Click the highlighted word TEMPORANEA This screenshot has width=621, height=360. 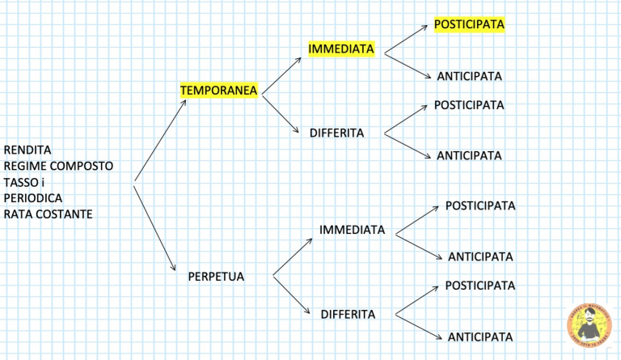pos(218,91)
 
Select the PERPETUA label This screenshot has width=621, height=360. pos(216,277)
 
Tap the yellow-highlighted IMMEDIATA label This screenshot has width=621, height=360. pos(341,49)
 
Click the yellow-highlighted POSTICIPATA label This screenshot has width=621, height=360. pos(469,24)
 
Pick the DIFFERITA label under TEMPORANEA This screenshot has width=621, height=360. pos(336,133)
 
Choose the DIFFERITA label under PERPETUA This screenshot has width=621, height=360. pos(348,315)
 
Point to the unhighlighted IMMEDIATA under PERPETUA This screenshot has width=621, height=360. pos(352,230)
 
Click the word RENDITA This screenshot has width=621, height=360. pos(27,150)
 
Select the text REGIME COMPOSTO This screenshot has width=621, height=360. pos(58,166)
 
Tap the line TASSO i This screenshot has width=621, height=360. pos(23,183)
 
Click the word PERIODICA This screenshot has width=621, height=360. pos(33,198)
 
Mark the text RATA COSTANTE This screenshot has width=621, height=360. pos(48,214)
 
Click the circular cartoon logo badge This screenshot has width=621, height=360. pos(589,325)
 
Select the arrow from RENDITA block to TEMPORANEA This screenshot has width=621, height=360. pos(160,141)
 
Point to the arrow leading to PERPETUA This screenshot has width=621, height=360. pos(154,227)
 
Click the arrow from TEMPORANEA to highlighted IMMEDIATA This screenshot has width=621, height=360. pos(281,76)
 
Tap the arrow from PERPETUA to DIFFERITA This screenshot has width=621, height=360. pos(291,295)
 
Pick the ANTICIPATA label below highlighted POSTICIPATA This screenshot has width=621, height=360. pos(469,76)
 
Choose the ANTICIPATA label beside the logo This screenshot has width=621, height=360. pos(480,337)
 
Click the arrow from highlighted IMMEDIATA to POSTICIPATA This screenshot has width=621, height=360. pos(406,39)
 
